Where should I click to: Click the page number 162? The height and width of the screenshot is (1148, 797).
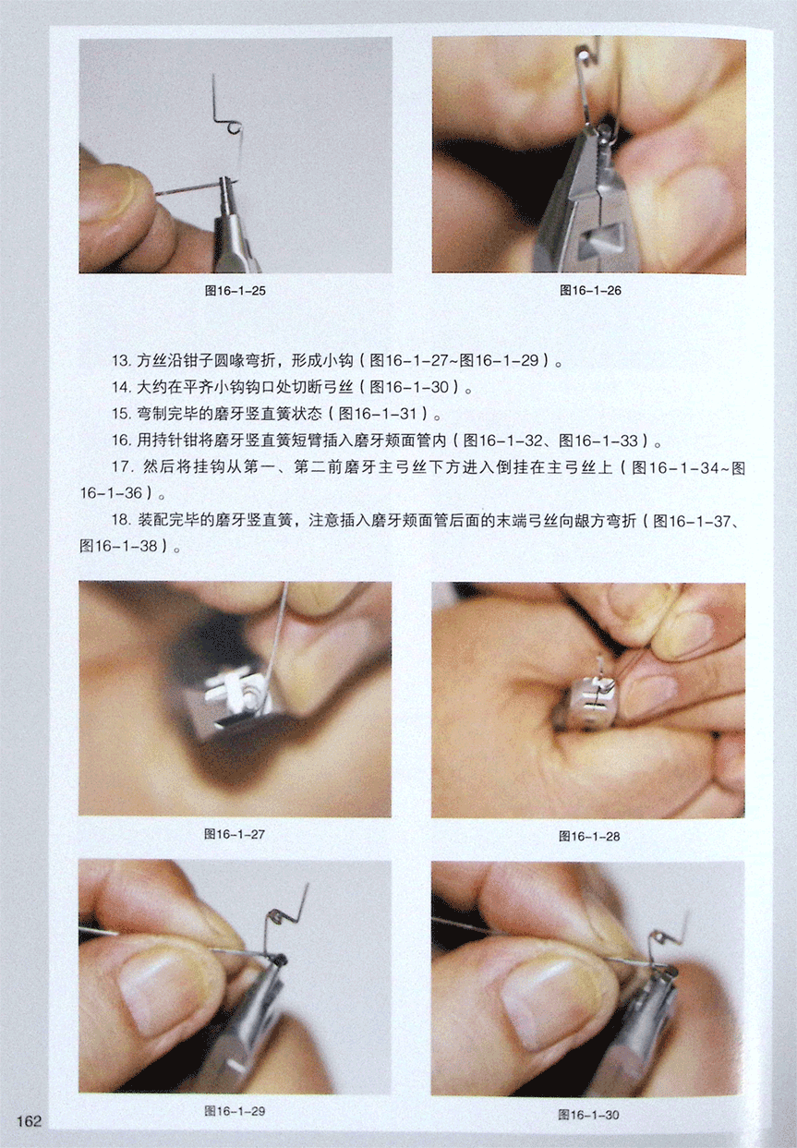29,1121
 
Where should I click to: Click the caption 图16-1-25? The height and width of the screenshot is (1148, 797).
235,291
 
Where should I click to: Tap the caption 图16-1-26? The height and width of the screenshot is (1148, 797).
590,291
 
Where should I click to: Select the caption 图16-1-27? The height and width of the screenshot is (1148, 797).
235,834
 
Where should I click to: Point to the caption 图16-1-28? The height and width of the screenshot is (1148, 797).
589,837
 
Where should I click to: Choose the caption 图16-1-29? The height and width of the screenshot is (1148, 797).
235,1111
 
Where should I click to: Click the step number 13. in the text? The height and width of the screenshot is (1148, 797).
122,361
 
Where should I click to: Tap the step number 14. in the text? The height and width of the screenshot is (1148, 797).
122,387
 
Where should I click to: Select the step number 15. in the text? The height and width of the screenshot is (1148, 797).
122,414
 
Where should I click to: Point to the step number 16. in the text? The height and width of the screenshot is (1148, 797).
122,441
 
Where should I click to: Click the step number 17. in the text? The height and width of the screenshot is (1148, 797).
123,467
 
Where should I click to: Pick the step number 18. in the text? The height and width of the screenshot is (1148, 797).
122,521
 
